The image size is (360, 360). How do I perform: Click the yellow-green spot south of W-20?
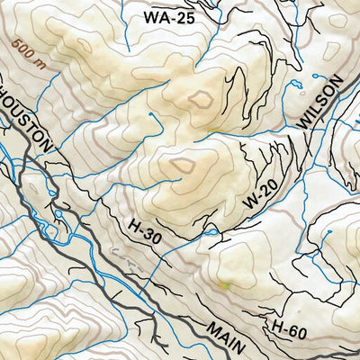point(225,286)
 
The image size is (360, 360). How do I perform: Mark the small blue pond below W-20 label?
point(211,233)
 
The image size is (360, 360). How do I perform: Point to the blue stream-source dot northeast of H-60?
point(328,233)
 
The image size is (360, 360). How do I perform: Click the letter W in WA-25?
point(150,16)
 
